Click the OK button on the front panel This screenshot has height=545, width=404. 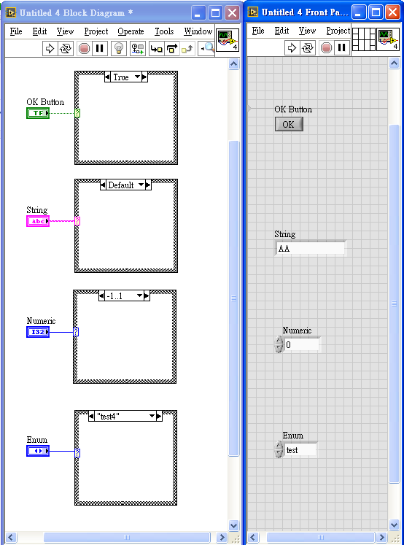(289, 124)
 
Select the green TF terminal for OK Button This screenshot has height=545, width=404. (38, 113)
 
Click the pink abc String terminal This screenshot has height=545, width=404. (38, 221)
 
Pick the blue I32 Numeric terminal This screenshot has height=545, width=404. (38, 332)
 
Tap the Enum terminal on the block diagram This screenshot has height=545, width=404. (38, 451)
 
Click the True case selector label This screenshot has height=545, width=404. (121, 77)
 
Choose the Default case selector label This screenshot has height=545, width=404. (121, 185)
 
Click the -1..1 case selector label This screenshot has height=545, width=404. (114, 296)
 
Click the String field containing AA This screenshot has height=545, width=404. (311, 248)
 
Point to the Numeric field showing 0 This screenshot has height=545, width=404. (301, 344)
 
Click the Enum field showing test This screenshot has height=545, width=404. (300, 449)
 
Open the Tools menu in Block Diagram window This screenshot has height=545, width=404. (164, 31)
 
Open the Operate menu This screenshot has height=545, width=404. (131, 31)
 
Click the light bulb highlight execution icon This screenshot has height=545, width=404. (119, 48)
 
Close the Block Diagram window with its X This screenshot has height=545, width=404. (232, 13)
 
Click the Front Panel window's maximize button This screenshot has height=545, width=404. (376, 12)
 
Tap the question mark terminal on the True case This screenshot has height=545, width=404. (77, 113)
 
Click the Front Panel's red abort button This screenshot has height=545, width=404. (326, 47)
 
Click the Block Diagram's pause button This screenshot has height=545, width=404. (100, 48)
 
